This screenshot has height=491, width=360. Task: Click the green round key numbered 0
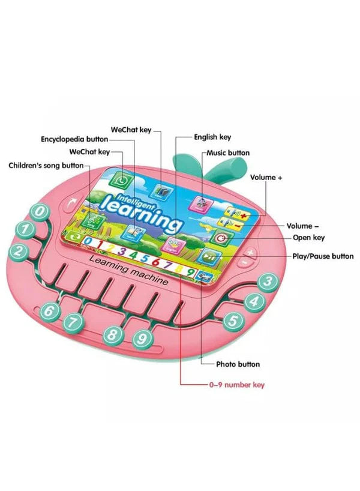(40, 212)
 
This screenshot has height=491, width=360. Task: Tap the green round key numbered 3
(268, 282)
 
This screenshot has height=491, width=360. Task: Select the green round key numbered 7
(73, 322)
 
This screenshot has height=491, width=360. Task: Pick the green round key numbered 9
(142, 339)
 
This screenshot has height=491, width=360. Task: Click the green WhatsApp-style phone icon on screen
(120, 181)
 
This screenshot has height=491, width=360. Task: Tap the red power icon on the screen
(222, 238)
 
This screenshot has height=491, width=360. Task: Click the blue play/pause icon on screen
(210, 256)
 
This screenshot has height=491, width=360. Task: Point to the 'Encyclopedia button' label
(74, 139)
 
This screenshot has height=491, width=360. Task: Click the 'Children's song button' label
(46, 166)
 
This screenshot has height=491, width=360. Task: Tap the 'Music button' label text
(228, 153)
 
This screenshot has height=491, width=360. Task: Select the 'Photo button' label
(238, 364)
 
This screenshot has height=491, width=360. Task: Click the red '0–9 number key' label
(237, 385)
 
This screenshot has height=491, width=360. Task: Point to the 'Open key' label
(308, 238)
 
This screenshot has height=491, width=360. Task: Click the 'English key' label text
(212, 137)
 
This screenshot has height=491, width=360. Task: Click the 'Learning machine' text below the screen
(128, 270)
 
